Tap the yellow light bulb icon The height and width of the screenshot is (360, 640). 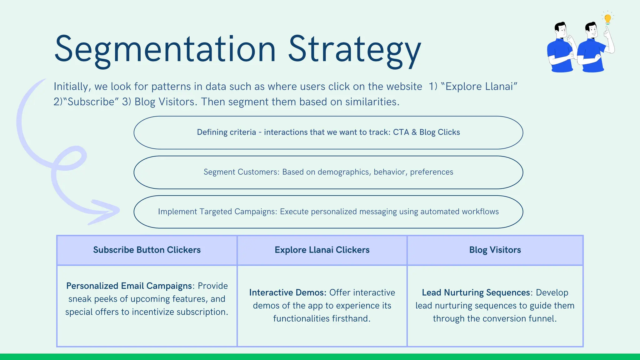[607, 19]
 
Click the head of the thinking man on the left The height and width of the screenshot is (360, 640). [561, 30]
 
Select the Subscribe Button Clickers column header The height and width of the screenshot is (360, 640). [147, 250]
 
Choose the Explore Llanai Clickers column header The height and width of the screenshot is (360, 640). [322, 250]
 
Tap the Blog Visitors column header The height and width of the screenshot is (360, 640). [495, 250]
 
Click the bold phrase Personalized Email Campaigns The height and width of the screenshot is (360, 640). [129, 286]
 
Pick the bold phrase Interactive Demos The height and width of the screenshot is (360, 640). [287, 292]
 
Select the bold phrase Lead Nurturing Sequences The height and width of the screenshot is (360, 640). [476, 292]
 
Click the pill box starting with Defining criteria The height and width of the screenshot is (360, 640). [328, 132]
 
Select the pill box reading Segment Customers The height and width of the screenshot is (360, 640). [328, 172]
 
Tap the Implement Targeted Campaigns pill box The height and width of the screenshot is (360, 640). [328, 212]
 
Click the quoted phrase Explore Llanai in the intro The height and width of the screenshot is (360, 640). [479, 87]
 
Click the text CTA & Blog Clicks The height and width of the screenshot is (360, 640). [426, 132]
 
